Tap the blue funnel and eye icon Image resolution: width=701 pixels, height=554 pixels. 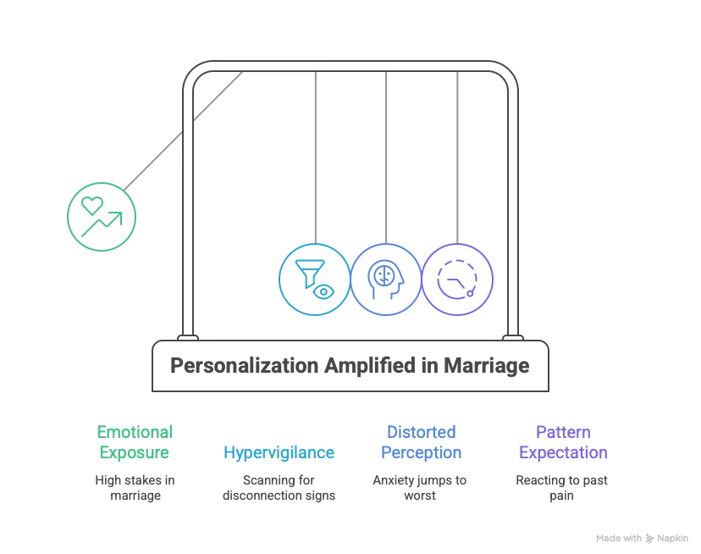[314, 280]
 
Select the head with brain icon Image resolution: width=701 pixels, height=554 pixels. [385, 280]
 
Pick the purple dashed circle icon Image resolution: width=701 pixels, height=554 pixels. [457, 280]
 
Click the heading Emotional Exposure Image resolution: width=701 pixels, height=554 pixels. [135, 442]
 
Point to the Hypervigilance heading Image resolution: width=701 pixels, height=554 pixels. [279, 452]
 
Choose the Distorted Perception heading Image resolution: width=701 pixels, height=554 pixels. [421, 442]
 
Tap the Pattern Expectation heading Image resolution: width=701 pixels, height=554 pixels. [563, 442]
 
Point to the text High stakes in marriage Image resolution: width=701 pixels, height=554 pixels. [135, 487]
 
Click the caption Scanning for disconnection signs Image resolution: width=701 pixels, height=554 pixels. [279, 487]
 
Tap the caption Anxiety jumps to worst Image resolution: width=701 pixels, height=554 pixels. [421, 487]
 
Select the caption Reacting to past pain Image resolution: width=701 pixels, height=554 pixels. [563, 487]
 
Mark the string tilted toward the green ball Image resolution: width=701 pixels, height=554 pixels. [182, 131]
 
